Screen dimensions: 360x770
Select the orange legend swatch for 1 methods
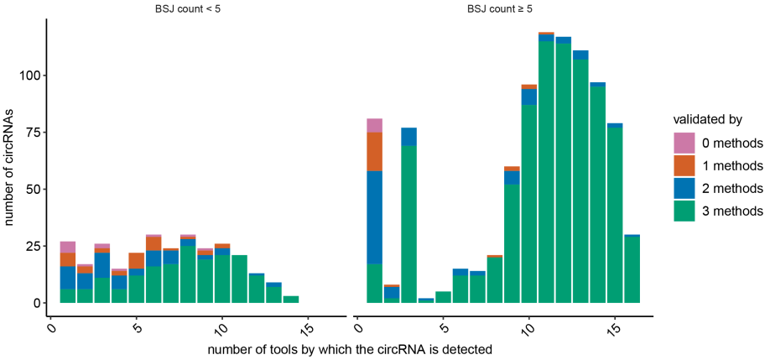[685, 165]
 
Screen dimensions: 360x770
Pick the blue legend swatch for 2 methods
[685, 188]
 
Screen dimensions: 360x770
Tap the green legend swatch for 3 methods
[685, 211]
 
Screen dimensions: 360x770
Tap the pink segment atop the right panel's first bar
[374, 125]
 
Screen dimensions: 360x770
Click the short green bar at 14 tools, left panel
[291, 299]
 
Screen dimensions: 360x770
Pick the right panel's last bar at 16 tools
[632, 269]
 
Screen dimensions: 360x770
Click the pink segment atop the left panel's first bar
[68, 247]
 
